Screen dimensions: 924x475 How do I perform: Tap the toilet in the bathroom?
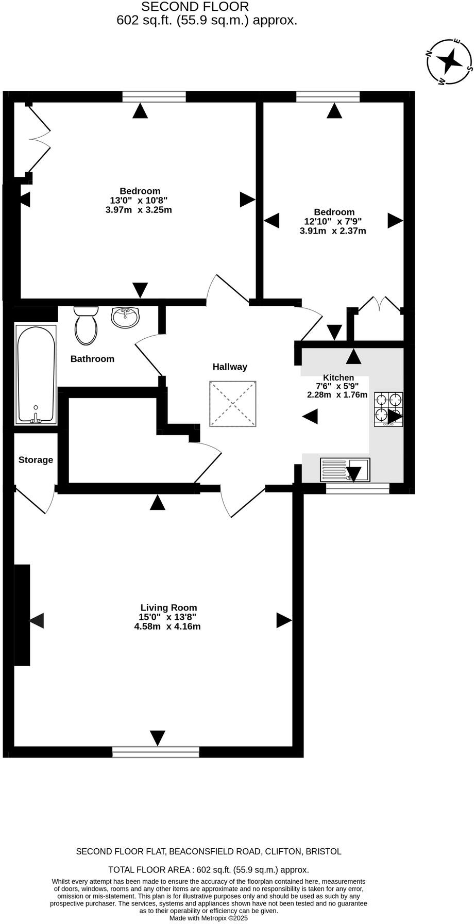[86, 326]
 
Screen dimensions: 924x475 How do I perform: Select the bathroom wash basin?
[125, 317]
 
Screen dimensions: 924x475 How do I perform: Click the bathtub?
[36, 374]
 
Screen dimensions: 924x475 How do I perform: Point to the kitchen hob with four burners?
[388, 409]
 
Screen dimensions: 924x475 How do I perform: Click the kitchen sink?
[345, 470]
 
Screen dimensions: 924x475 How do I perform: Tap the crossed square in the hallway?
[233, 404]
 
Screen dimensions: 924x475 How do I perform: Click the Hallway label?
[230, 367]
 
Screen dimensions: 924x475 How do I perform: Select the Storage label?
[36, 459]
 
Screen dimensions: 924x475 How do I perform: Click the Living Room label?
[168, 608]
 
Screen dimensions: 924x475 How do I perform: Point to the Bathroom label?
[92, 359]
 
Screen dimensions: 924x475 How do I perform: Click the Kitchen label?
[338, 377]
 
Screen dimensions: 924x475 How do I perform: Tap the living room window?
[156, 752]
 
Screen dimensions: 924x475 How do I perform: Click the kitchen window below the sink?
[358, 488]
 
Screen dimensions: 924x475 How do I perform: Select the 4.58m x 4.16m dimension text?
[167, 626]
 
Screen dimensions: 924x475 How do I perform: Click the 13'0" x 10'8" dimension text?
[139, 200]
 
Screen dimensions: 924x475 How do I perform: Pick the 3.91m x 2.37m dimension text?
[333, 230]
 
